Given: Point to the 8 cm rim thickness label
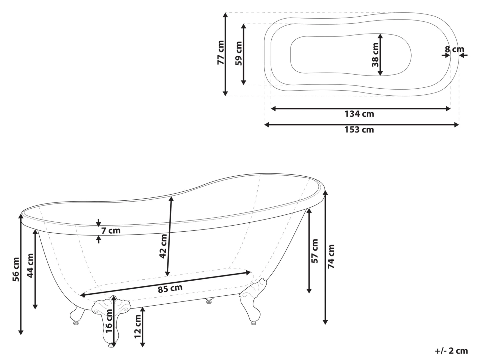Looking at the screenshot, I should pyautogui.click(x=454, y=50).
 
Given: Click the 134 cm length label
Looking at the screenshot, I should pyautogui.click(x=359, y=114).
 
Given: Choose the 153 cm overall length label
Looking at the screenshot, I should pyautogui.click(x=359, y=130).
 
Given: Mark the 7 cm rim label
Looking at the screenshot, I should pyautogui.click(x=110, y=230).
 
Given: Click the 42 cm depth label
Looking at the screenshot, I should pyautogui.click(x=163, y=246).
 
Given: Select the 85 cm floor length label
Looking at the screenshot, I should pyautogui.click(x=170, y=289).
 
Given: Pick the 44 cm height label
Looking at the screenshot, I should pyautogui.click(x=30, y=265).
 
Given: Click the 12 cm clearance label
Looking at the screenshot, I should pyautogui.click(x=138, y=326).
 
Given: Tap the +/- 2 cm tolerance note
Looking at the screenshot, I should pyautogui.click(x=452, y=351).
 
